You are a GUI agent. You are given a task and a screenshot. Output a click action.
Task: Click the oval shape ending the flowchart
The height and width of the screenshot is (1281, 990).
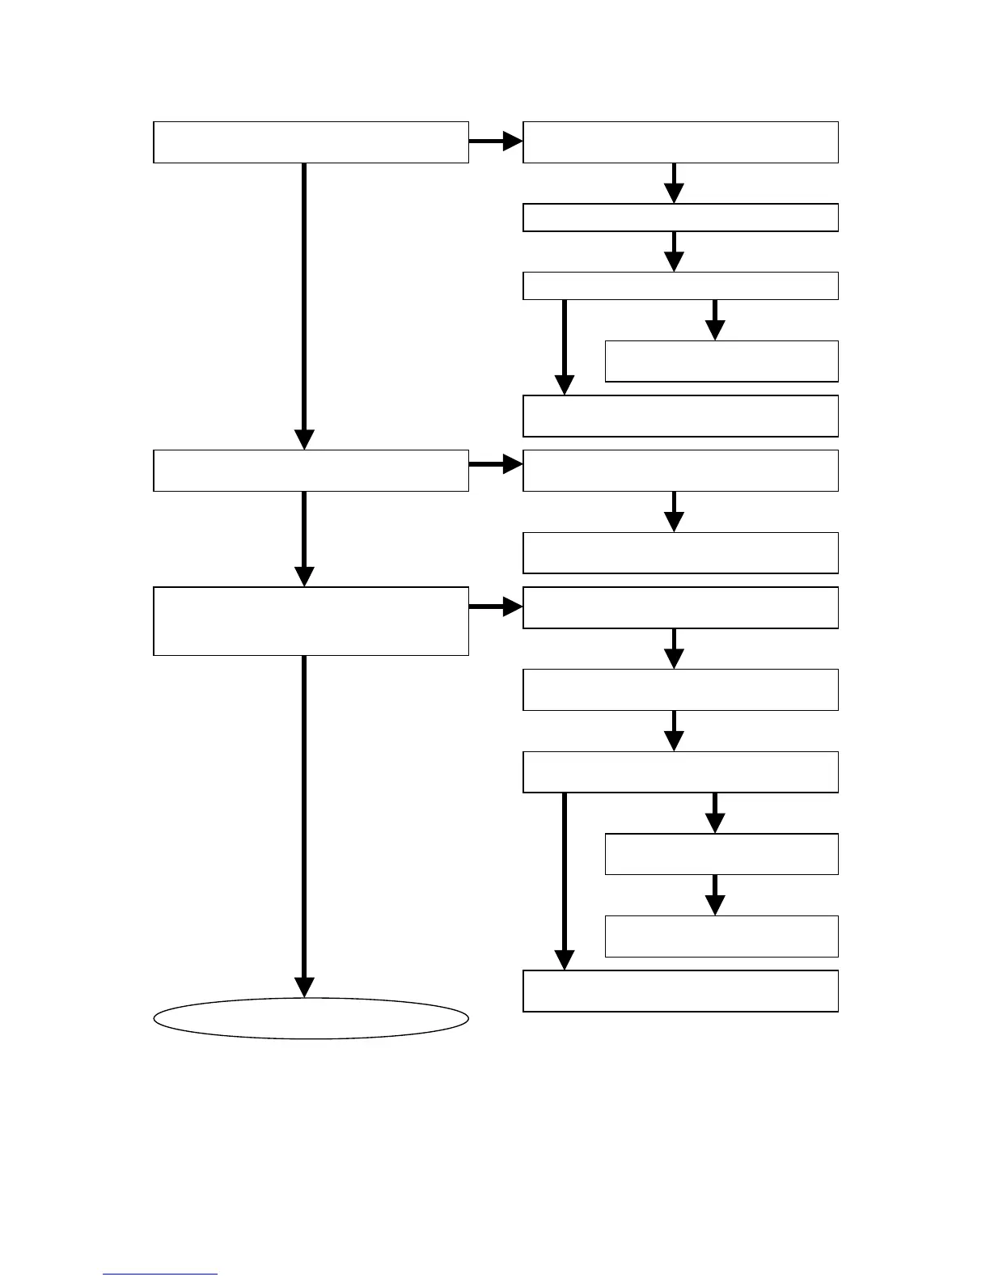click(311, 1018)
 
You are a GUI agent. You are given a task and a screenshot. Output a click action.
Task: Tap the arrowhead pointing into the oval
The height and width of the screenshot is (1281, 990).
click(304, 987)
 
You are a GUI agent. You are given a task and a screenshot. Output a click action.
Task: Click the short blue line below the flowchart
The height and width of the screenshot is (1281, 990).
click(160, 1274)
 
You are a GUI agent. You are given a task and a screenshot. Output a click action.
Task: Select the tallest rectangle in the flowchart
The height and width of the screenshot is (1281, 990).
click(311, 621)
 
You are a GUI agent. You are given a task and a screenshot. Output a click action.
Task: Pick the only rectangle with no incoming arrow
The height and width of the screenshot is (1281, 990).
click(311, 142)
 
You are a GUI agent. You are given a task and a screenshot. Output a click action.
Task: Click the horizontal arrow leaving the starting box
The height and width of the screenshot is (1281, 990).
click(495, 142)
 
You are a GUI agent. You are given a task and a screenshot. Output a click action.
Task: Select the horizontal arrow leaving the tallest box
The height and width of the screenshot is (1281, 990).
click(495, 607)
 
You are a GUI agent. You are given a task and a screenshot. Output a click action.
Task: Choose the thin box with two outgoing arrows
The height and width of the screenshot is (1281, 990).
click(680, 286)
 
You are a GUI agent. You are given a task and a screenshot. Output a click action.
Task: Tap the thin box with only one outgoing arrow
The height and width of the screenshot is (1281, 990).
click(680, 218)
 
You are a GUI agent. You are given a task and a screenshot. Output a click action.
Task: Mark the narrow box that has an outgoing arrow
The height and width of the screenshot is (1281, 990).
click(721, 854)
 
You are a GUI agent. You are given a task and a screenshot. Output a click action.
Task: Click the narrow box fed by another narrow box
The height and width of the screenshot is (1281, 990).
click(721, 936)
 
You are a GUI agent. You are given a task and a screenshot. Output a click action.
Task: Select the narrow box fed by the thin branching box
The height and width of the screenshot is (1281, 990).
click(721, 361)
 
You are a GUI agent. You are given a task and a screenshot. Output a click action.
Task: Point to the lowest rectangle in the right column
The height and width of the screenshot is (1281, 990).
click(680, 991)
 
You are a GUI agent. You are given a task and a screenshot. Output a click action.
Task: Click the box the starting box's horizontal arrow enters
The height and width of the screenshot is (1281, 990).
click(680, 142)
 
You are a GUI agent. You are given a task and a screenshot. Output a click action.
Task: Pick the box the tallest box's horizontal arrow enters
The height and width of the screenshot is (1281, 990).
click(680, 608)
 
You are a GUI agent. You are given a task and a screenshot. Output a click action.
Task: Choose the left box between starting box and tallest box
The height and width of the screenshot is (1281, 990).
click(311, 471)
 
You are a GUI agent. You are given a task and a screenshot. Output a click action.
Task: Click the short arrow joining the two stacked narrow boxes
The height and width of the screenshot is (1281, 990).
click(715, 894)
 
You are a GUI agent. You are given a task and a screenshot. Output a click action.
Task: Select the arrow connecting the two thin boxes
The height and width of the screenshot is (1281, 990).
click(674, 252)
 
